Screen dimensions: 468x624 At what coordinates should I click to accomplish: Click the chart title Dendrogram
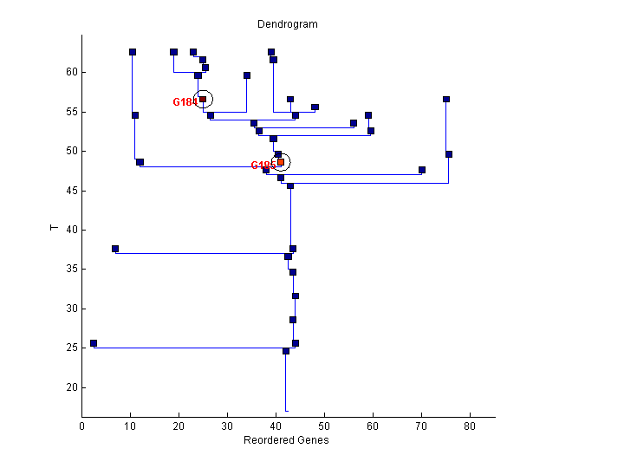(x=288, y=24)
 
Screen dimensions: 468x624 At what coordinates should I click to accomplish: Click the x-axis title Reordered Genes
(x=287, y=440)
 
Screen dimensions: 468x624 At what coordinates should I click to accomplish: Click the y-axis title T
(x=54, y=228)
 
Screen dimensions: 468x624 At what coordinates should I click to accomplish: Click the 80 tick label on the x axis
(x=470, y=426)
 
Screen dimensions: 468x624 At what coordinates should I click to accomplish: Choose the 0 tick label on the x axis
(x=82, y=426)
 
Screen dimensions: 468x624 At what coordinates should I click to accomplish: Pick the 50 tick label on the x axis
(x=324, y=426)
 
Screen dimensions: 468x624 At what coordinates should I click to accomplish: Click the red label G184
(x=185, y=102)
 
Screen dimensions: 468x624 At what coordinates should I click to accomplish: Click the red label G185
(x=263, y=166)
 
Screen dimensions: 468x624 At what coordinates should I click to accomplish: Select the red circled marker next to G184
(x=203, y=100)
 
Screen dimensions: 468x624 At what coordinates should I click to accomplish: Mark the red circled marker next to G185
(x=281, y=162)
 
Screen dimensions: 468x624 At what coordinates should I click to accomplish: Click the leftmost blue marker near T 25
(x=94, y=344)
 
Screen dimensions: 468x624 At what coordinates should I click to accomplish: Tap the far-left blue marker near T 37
(x=115, y=250)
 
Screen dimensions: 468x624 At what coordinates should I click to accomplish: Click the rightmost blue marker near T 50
(x=449, y=154)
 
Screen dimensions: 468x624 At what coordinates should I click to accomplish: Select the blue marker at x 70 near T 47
(x=422, y=170)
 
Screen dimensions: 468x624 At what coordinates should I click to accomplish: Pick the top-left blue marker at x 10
(x=133, y=52)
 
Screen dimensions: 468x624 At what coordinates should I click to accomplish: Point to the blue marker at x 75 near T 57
(x=446, y=100)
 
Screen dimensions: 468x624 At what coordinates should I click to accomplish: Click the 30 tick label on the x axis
(x=227, y=426)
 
